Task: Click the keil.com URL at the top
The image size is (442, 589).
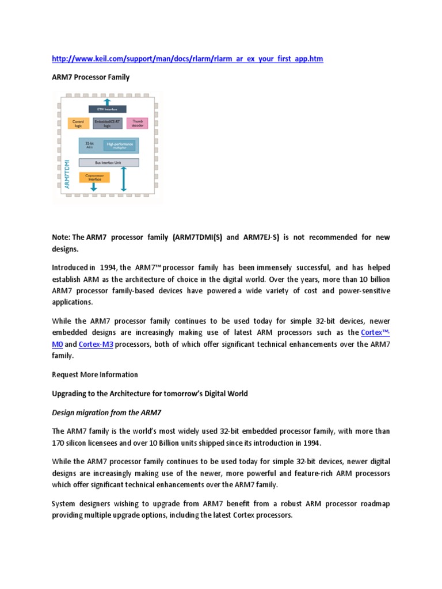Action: click(187, 59)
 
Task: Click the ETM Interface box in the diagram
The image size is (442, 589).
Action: click(107, 109)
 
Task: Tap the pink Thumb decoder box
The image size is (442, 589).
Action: click(137, 123)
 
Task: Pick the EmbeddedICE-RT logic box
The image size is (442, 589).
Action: click(106, 123)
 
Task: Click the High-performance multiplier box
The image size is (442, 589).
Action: click(119, 145)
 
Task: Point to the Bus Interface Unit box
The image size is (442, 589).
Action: click(108, 163)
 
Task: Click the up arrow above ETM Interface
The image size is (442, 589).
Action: click(107, 101)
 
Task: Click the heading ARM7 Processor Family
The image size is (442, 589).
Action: click(90, 77)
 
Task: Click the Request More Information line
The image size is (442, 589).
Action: click(95, 374)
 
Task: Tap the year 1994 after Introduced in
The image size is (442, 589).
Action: click(108, 267)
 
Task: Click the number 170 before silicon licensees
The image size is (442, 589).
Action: click(59, 443)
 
